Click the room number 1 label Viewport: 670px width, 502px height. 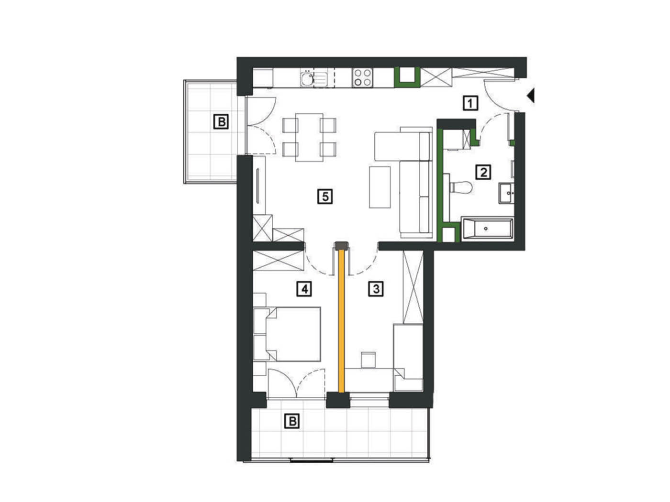(x=470, y=103)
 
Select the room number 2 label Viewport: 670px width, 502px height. (x=483, y=172)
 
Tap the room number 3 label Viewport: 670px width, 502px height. (x=376, y=288)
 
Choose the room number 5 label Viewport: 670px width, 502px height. (x=325, y=196)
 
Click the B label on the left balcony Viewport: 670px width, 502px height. (x=221, y=121)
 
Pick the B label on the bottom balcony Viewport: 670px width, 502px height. (x=292, y=421)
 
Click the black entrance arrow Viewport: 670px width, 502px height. (x=531, y=96)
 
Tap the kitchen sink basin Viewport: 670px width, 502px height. (x=307, y=78)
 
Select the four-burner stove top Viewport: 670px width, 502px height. (x=362, y=78)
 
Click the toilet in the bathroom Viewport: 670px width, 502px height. (x=460, y=187)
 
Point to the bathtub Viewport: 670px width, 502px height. (x=487, y=229)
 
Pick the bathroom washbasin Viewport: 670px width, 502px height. (x=506, y=193)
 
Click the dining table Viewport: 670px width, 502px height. (x=309, y=137)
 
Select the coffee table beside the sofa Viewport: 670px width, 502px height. (x=380, y=187)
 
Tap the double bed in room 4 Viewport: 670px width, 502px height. (x=287, y=334)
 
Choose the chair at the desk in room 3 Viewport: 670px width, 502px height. (x=368, y=360)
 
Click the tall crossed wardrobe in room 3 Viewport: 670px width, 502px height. (x=413, y=287)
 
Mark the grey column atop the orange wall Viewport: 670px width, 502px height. (x=341, y=246)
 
